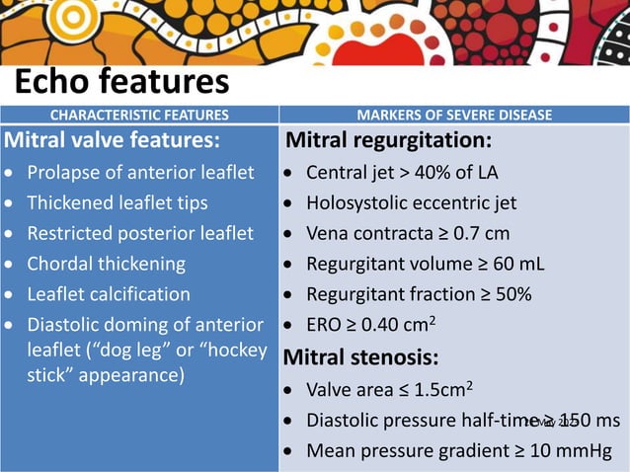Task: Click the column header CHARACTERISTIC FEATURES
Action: pyautogui.click(x=139, y=115)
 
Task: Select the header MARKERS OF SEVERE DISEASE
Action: pyautogui.click(x=453, y=115)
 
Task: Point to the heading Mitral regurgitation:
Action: pyautogui.click(x=387, y=140)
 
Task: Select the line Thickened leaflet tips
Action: pyautogui.click(x=117, y=203)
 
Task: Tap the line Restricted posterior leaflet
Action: pyautogui.click(x=139, y=234)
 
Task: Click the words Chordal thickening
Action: pyautogui.click(x=106, y=264)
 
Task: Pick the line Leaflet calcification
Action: pyautogui.click(x=109, y=294)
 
